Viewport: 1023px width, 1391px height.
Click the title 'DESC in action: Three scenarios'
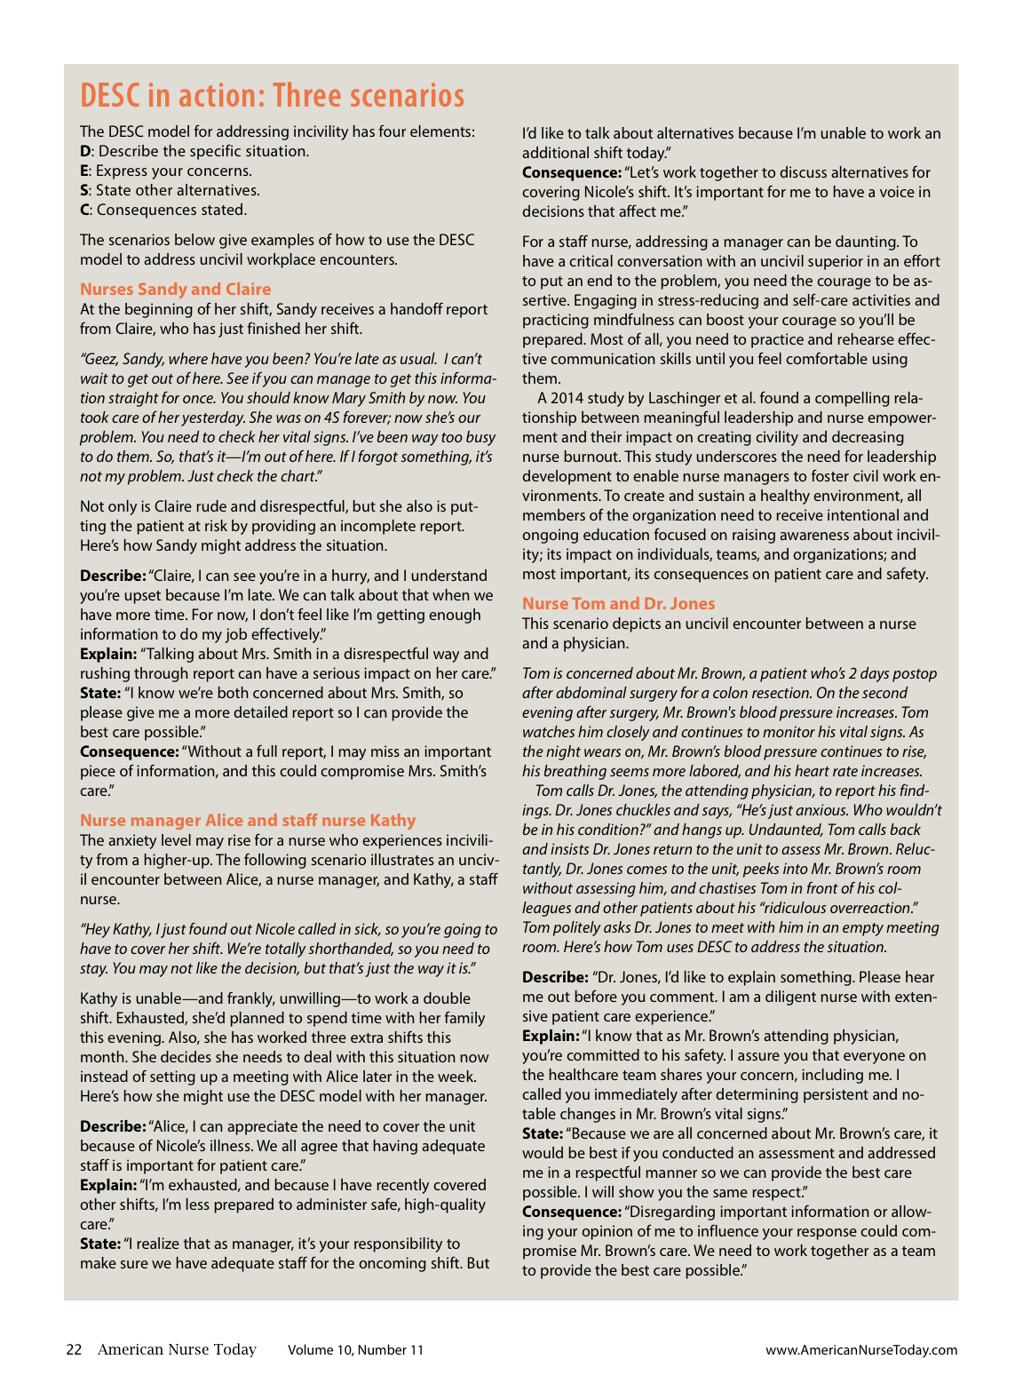(x=272, y=96)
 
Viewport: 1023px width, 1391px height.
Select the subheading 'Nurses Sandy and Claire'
(x=175, y=289)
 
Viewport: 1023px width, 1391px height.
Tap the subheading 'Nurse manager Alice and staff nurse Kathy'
(x=248, y=820)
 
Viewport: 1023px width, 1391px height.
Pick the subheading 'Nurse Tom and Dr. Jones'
(x=618, y=603)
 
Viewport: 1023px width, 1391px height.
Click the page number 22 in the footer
(x=74, y=1350)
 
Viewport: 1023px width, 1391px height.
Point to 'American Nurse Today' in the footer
(x=177, y=1350)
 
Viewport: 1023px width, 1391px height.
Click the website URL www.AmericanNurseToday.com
(x=861, y=1350)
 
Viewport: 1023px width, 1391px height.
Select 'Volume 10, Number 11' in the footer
(x=355, y=1350)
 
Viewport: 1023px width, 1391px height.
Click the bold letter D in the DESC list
(x=85, y=151)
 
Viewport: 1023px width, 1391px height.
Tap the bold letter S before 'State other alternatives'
(x=84, y=190)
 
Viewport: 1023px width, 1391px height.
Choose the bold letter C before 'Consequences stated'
(x=84, y=210)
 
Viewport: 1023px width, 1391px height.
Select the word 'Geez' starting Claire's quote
(x=99, y=359)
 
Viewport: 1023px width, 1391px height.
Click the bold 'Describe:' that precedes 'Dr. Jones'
(x=555, y=977)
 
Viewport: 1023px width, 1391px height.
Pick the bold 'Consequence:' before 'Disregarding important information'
(x=571, y=1212)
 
